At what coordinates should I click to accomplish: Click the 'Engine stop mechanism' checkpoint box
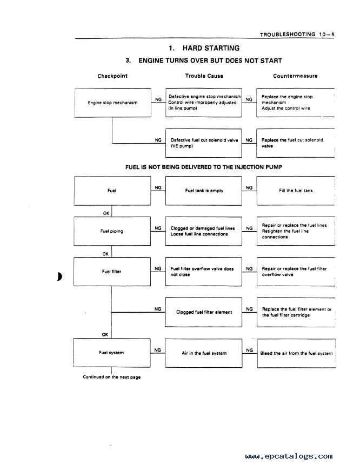pos(112,103)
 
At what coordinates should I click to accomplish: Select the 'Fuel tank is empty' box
pos(204,191)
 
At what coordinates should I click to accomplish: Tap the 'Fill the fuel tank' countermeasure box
pos(296,191)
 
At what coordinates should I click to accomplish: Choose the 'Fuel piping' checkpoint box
pos(112,231)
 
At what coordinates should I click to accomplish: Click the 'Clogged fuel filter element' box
pos(204,312)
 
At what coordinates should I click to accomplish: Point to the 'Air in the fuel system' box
pos(204,353)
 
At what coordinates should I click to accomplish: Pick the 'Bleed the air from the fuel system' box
pos(296,353)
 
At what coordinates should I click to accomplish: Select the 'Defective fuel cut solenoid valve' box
pos(204,143)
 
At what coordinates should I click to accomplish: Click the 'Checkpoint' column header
pos(112,76)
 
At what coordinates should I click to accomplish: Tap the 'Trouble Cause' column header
pos(204,76)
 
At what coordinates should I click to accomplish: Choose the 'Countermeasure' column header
pos(295,76)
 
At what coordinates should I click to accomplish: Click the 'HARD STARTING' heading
pos(211,48)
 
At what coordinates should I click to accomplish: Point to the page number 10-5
pos(327,35)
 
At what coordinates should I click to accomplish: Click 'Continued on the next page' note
pos(111,377)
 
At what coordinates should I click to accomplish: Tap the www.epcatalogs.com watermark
pos(289,456)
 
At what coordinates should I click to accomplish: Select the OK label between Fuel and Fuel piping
pos(106,213)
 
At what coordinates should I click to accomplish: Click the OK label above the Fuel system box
pos(105,334)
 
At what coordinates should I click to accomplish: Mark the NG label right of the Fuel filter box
pos(158,268)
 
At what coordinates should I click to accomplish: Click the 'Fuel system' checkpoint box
pos(111,353)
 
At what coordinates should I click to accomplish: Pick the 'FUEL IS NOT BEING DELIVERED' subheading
pos(204,167)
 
